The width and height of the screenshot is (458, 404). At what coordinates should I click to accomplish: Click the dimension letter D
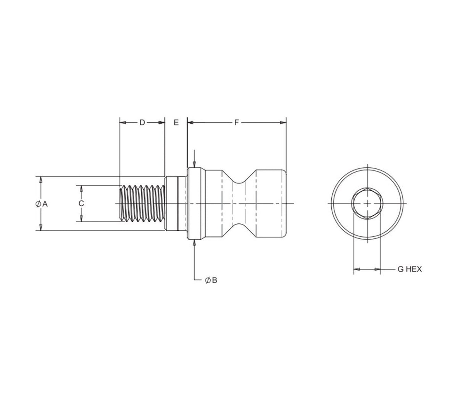pyautogui.click(x=142, y=123)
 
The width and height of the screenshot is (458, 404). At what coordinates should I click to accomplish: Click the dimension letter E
pyautogui.click(x=176, y=123)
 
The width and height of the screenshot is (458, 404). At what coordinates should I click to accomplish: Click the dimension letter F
pyautogui.click(x=237, y=123)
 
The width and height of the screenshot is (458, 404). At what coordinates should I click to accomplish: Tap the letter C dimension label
pyautogui.click(x=81, y=204)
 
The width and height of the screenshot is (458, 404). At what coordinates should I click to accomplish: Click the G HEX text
pyautogui.click(x=410, y=269)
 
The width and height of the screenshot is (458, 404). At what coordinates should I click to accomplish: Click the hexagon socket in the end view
pyautogui.click(x=367, y=204)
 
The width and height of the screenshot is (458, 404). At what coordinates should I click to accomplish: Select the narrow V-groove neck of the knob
pyautogui.click(x=240, y=204)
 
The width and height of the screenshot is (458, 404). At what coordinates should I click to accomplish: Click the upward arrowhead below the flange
pyautogui.click(x=195, y=242)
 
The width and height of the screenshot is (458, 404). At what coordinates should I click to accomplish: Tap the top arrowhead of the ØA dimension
pyautogui.click(x=40, y=179)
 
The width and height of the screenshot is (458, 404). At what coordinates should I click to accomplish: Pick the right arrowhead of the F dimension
pyautogui.click(x=283, y=123)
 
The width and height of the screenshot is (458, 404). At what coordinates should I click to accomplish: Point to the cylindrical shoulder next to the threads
pyautogui.click(x=172, y=204)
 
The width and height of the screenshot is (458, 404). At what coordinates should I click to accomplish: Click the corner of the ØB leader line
pyautogui.click(x=195, y=281)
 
